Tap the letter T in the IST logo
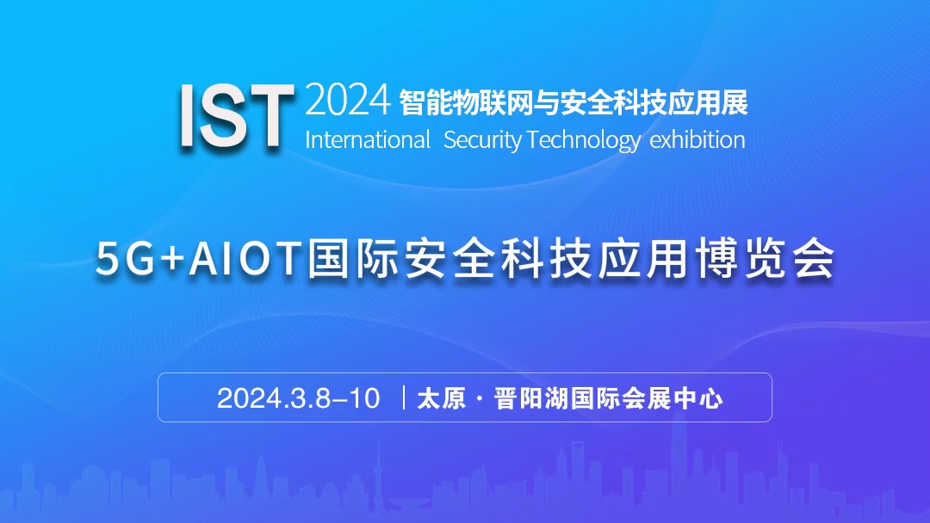point(267,116)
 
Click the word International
point(367,139)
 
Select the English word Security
point(483,139)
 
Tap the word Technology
point(584,139)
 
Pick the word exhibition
point(697,139)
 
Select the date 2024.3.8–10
point(298,398)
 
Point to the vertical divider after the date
point(403,397)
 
